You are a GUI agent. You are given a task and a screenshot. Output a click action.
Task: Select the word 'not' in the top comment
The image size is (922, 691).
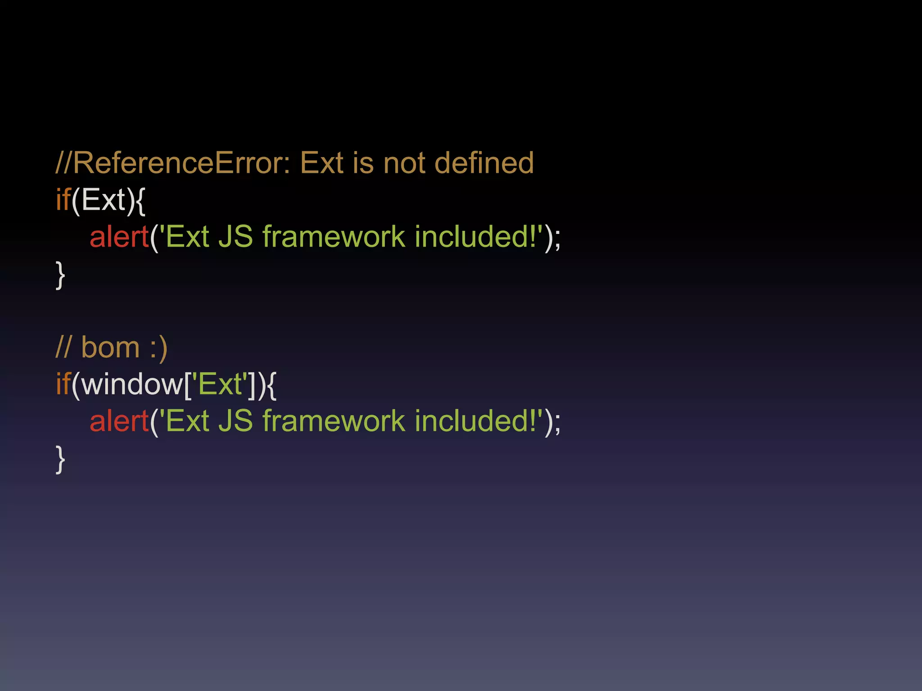tap(404, 163)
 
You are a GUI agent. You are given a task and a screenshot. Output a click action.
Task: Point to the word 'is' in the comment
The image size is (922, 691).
tap(363, 163)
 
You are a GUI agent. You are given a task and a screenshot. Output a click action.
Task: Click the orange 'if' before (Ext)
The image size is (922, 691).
tap(63, 200)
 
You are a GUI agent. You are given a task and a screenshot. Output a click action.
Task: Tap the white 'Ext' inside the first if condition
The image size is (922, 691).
tap(103, 200)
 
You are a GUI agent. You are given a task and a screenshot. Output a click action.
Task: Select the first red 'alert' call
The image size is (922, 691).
tap(119, 237)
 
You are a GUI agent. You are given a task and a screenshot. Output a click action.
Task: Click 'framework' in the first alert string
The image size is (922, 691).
tap(334, 237)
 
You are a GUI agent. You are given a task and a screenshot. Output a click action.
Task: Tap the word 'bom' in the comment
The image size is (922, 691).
tap(110, 348)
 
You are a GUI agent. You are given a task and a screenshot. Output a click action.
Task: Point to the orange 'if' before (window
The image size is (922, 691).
tap(63, 385)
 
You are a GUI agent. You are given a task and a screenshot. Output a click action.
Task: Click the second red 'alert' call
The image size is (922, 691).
tap(119, 422)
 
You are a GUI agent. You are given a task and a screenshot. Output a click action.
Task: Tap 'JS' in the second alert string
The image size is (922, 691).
tap(235, 422)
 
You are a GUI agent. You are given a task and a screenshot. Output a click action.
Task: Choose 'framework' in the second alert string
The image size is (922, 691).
tap(334, 422)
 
